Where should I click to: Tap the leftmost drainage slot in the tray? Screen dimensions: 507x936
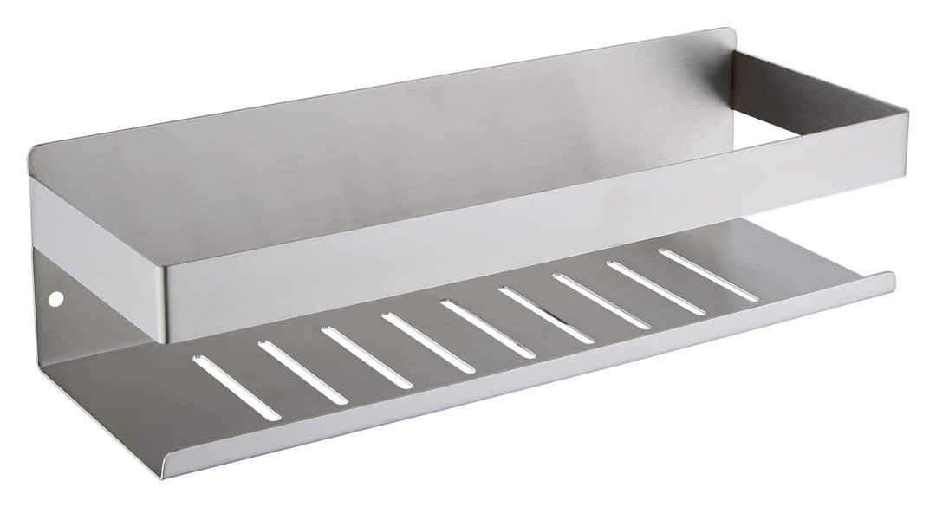click(x=211, y=376)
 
